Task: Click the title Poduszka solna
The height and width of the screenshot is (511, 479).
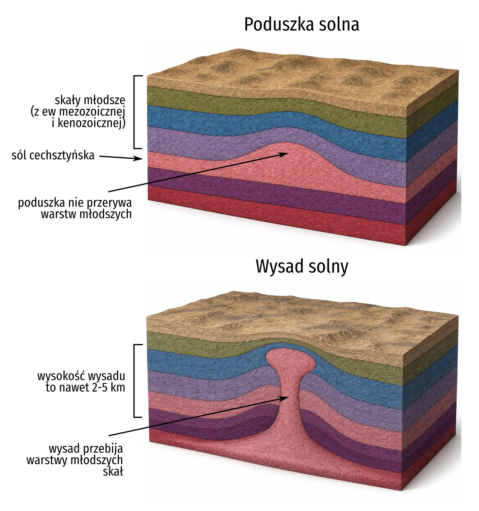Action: click(301, 25)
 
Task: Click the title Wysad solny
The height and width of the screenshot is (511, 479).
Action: click(302, 267)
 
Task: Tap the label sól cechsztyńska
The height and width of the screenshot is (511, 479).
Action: click(53, 155)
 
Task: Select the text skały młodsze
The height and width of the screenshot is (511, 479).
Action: click(90, 100)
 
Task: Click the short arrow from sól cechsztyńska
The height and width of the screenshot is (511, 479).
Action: click(121, 158)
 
